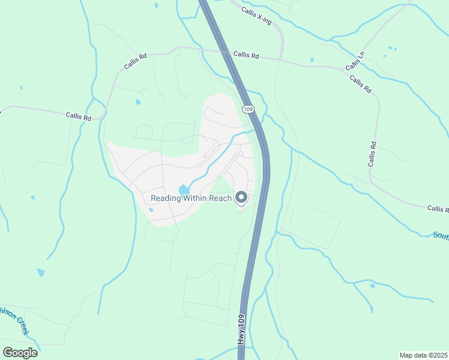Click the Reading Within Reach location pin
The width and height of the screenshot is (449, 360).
pos(241,197)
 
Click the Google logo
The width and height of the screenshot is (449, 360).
pos(20,353)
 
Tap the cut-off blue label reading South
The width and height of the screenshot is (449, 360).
pos(441,235)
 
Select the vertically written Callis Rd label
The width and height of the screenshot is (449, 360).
pos(373,154)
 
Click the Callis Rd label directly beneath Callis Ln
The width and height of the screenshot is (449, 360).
pos(360,84)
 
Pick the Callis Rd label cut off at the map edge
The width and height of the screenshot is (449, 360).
pos(438,209)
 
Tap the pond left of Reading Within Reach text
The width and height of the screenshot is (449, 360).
pos(182,190)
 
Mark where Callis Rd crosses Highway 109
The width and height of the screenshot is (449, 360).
pos(226,53)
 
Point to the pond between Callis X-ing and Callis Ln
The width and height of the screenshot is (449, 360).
pos(312,59)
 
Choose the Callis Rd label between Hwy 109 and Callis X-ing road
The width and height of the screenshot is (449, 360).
pos(246,55)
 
